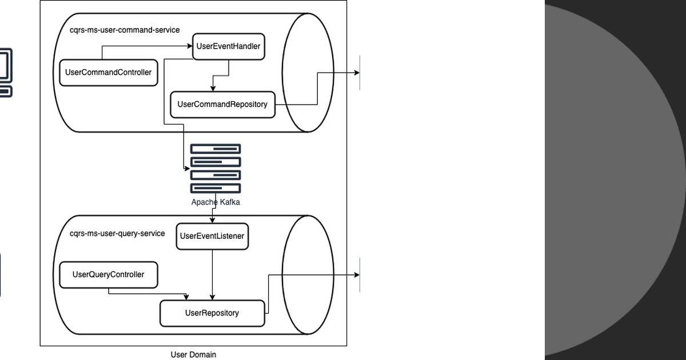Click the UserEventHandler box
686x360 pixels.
point(229,47)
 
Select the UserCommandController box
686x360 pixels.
point(109,73)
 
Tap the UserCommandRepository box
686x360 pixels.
point(222,105)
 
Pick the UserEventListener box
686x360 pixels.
point(212,236)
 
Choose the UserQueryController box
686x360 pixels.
point(109,275)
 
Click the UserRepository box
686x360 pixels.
point(212,313)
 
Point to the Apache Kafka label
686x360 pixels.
point(216,202)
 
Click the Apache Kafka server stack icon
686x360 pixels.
point(216,169)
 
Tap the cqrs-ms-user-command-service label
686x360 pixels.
point(121,30)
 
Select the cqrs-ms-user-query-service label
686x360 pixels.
point(117,233)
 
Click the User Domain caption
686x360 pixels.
point(193,355)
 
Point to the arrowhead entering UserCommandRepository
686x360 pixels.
point(213,89)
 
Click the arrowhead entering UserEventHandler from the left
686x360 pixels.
point(189,47)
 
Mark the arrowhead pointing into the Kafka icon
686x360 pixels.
point(187,169)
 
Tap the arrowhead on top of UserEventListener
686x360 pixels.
point(213,220)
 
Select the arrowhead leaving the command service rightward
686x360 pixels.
point(357,73)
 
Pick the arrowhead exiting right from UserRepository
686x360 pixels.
point(357,275)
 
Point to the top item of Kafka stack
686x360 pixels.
point(216,149)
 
